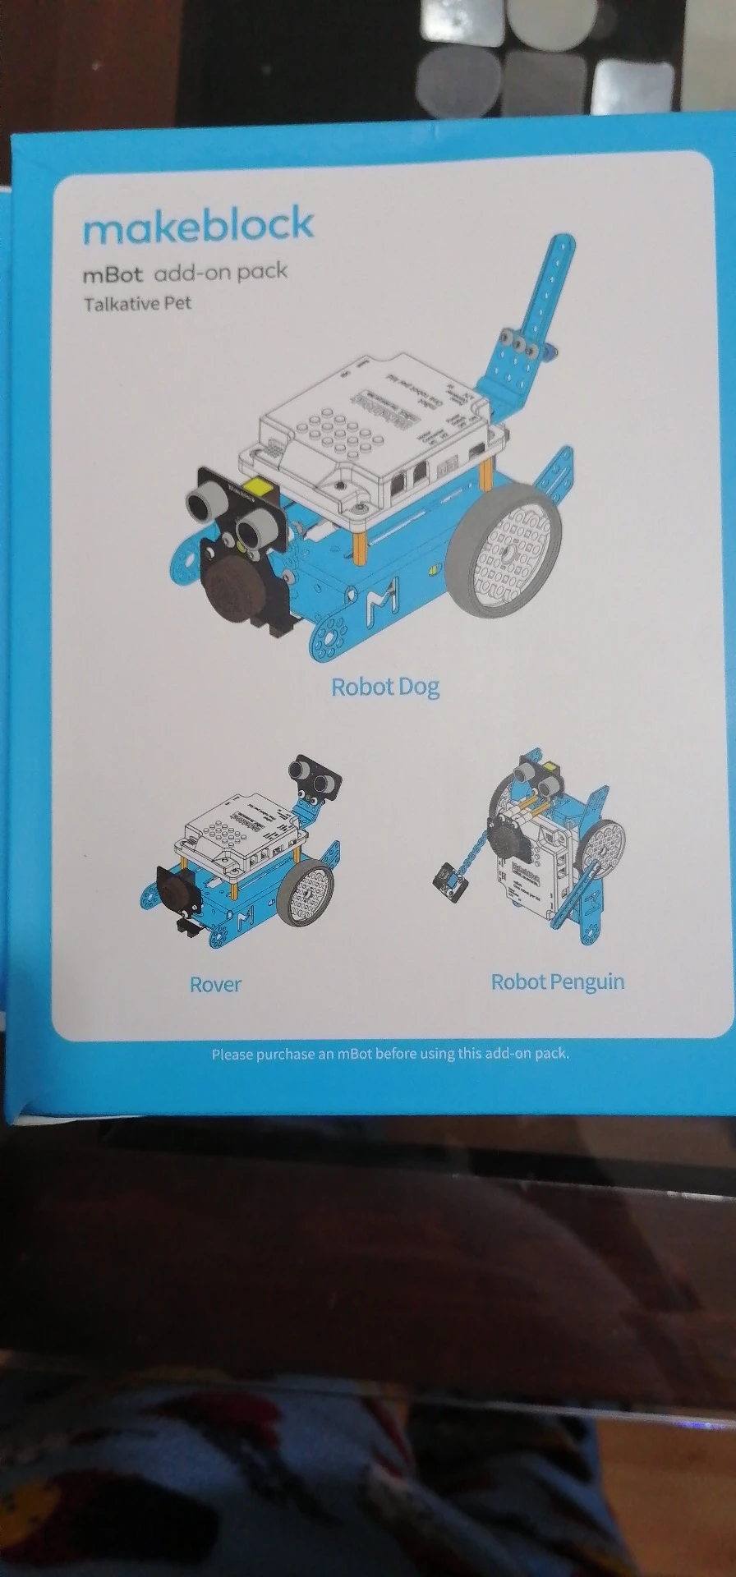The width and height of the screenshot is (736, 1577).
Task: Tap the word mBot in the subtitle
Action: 113,274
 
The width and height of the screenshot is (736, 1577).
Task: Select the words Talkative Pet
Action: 137,303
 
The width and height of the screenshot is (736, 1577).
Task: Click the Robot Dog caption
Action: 384,687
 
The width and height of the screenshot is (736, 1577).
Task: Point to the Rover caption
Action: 215,984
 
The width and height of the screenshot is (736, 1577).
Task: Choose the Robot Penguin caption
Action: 557,982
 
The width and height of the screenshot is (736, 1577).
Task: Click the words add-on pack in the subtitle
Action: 221,272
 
